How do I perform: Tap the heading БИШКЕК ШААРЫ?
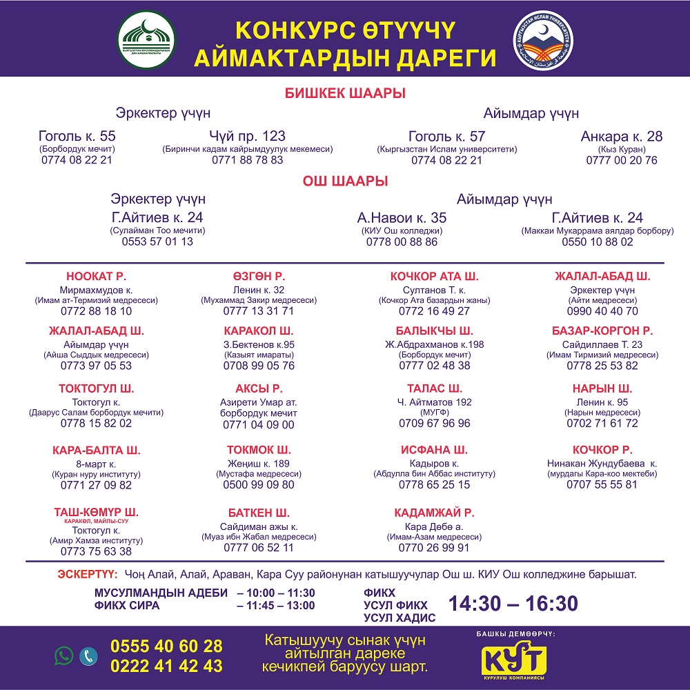point(345,94)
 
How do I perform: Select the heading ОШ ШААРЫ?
point(345,181)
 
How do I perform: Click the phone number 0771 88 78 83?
point(248,160)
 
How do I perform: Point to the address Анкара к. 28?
point(622,136)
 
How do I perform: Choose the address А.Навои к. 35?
point(402,218)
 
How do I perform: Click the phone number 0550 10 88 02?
point(598,242)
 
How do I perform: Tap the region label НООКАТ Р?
point(96,276)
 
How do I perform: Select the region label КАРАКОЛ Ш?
point(259,331)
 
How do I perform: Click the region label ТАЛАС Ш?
point(435,388)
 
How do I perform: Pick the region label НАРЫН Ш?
point(602,388)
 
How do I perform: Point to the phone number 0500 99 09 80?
point(259,484)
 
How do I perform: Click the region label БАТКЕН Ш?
point(259,513)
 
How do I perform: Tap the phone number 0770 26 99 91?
point(434,547)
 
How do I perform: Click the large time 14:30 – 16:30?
point(513,604)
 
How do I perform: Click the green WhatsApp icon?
point(64,655)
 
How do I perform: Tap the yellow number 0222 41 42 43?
point(166,666)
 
